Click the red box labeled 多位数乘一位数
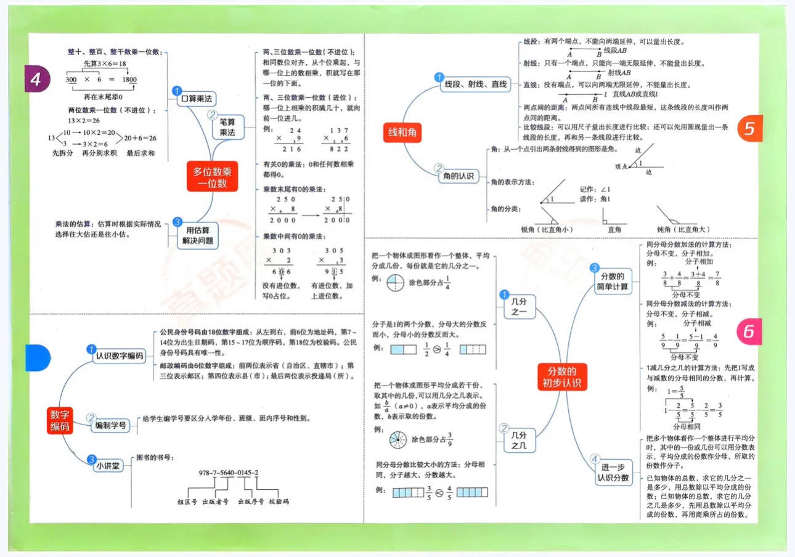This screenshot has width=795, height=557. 212,176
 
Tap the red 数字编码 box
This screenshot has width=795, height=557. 60,420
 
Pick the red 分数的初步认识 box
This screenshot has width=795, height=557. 562,378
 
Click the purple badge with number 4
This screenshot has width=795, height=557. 37,79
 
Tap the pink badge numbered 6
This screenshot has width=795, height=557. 749,331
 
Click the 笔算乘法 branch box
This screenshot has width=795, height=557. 227,127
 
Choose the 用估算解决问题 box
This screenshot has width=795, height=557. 198,235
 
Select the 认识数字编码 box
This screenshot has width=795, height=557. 120,356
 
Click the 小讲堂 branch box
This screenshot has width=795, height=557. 108,466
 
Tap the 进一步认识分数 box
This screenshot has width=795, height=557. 613,473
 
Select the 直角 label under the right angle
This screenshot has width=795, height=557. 614,230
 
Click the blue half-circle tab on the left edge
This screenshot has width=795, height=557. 37,357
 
